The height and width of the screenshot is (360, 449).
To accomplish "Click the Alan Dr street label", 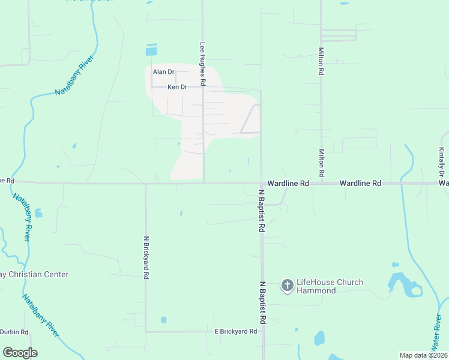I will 163,72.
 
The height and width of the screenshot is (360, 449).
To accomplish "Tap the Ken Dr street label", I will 177,87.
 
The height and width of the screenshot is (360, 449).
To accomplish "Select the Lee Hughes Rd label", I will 203,64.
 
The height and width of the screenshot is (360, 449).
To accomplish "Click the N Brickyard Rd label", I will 146,257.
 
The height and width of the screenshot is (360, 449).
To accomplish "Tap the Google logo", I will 20,353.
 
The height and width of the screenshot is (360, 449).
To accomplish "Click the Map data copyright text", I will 423,355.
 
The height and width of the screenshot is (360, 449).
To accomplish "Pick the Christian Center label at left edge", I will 34,274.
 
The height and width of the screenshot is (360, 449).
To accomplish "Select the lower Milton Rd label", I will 322,163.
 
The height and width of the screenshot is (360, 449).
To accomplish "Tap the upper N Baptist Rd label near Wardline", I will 262,211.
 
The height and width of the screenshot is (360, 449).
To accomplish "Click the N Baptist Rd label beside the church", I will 262,303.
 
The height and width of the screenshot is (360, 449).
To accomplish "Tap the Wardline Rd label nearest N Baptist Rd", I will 288,183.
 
